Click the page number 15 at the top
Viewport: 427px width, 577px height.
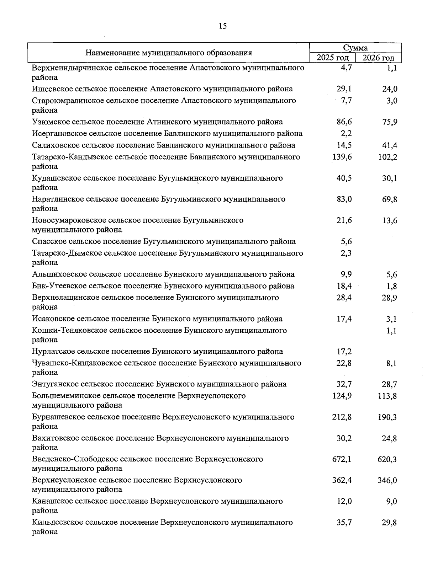[223, 26]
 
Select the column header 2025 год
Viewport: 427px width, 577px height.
[332, 58]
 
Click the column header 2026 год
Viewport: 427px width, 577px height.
[379, 58]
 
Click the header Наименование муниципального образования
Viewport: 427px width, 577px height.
[168, 53]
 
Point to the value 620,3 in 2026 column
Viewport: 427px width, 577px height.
[387, 459]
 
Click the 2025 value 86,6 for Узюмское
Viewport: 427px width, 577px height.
[344, 122]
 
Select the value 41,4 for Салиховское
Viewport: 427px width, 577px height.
[390, 145]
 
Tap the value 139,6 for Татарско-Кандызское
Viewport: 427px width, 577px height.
[342, 157]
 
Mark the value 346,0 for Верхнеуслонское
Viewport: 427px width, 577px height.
[387, 480]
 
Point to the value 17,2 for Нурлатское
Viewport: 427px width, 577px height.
[344, 352]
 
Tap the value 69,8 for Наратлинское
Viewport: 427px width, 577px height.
[390, 199]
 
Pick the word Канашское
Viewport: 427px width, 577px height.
[49, 501]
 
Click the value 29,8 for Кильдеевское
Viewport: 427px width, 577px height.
[390, 523]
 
